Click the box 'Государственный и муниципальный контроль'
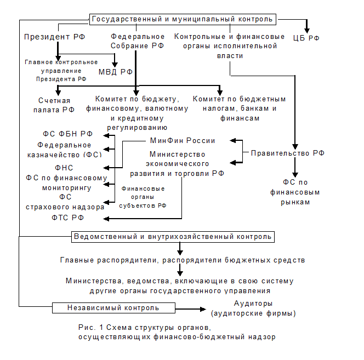point(182,19)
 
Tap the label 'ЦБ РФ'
point(308,38)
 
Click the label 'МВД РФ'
point(116,72)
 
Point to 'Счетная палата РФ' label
point(54,105)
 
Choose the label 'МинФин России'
point(182,140)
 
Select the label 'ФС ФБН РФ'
point(68,134)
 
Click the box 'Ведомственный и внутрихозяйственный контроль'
point(173,237)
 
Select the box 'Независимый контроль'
point(113,307)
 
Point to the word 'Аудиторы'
point(253,304)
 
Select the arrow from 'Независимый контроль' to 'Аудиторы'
point(192,308)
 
